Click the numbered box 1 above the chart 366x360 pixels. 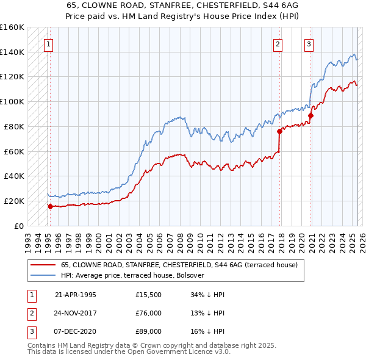48,44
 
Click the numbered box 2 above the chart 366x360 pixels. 278,44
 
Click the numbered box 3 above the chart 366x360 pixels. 309,44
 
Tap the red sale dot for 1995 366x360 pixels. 50,206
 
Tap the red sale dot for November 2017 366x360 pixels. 279,131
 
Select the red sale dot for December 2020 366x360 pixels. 310,115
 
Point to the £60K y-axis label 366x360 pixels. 13,151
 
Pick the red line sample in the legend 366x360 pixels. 43,265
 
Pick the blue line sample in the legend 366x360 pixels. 43,276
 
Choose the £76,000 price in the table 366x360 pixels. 149,314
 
